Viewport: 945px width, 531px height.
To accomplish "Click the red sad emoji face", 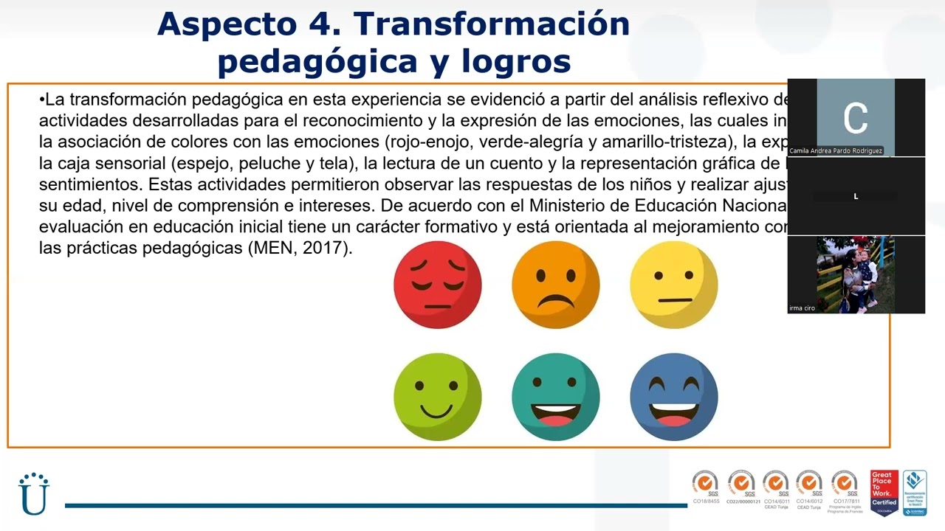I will [x=438, y=285].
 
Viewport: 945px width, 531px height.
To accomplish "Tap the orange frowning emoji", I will [x=555, y=285].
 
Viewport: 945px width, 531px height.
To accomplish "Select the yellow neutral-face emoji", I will [x=673, y=285].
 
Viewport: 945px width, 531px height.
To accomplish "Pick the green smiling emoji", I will [x=438, y=397].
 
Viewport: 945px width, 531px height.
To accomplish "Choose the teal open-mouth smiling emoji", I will [x=555, y=397].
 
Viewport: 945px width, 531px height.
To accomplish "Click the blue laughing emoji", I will [x=673, y=397].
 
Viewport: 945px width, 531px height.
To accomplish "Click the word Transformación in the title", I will [x=492, y=24].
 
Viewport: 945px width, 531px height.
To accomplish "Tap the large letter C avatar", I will [x=856, y=118].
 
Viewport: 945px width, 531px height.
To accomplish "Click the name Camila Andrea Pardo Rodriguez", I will [x=836, y=151].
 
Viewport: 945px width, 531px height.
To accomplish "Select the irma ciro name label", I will [x=803, y=308].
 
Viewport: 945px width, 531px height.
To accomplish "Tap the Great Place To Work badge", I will [x=884, y=492].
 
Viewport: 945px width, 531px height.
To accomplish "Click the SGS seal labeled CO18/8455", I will [x=706, y=487].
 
